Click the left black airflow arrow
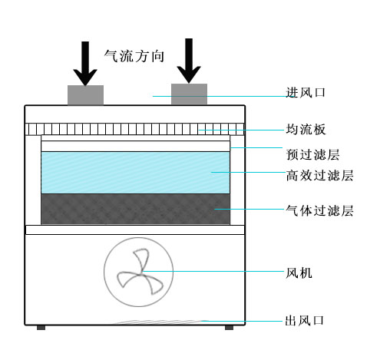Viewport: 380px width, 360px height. pyautogui.click(x=85, y=64)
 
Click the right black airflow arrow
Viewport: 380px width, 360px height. pyautogui.click(x=189, y=61)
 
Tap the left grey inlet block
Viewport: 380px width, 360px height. pyautogui.click(x=85, y=95)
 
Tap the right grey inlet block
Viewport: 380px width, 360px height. pyautogui.click(x=189, y=94)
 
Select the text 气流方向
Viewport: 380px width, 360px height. pyautogui.click(x=134, y=56)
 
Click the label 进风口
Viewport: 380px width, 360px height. pyautogui.click(x=306, y=92)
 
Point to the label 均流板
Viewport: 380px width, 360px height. pyautogui.click(x=306, y=129)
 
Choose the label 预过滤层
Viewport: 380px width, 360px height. pyautogui.click(x=312, y=154)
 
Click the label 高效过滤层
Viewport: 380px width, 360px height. pyautogui.click(x=319, y=176)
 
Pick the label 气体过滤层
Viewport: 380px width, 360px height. pyautogui.click(x=319, y=210)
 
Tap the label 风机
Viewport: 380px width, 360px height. pyautogui.click(x=299, y=272)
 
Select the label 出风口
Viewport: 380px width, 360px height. pyautogui.click(x=305, y=320)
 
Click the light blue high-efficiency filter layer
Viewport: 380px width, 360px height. pyautogui.click(x=136, y=173)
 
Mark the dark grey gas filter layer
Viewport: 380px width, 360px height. pyautogui.click(x=136, y=210)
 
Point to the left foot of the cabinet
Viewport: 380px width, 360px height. pyautogui.click(x=41, y=328)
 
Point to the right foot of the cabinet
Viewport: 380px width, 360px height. pyautogui.click(x=229, y=328)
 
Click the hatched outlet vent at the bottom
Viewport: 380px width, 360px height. pyautogui.click(x=160, y=322)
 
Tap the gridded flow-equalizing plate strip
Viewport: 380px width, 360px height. pyautogui.click(x=135, y=129)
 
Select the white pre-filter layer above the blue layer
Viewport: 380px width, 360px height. pyautogui.click(x=136, y=146)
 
